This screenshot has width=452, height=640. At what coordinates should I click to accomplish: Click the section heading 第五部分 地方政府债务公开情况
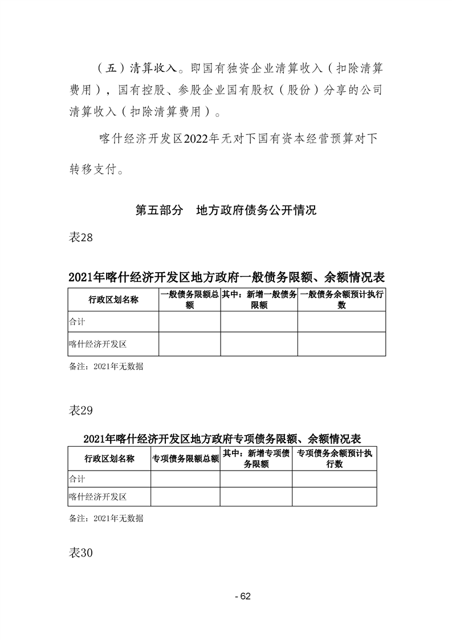tap(226, 210)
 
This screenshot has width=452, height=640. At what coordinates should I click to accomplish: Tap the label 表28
tap(80, 238)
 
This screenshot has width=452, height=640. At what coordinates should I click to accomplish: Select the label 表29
tap(80, 410)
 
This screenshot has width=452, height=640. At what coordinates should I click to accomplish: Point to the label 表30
tap(80, 553)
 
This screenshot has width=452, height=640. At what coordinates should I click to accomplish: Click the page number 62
tap(245, 596)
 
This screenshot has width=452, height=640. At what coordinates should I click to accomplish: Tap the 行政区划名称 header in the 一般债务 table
tap(113, 300)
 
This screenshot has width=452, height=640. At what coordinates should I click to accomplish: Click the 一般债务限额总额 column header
tap(189, 300)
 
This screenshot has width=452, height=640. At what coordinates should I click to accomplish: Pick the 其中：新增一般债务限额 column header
tap(259, 300)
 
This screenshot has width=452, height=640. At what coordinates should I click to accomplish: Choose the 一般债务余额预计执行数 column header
tap(341, 300)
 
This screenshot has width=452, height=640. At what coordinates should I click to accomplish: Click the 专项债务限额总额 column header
tap(185, 459)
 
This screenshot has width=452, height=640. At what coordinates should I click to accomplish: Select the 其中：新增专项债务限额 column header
tap(256, 459)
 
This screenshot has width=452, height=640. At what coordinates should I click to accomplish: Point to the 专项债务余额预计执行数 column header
tap(335, 459)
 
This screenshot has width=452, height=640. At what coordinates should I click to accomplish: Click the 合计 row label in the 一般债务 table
tap(77, 322)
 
